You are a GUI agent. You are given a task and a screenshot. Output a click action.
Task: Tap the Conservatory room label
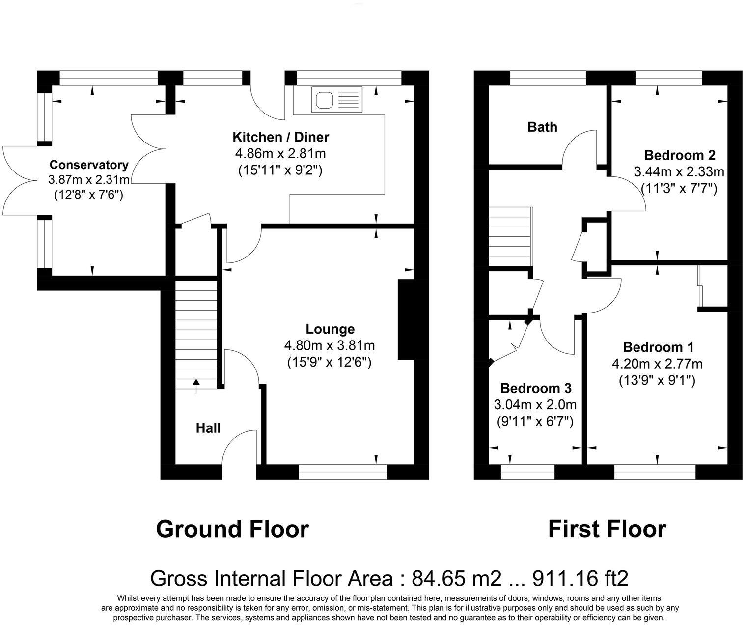pos(88,165)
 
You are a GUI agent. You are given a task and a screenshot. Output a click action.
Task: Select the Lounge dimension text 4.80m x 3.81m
pos(329,345)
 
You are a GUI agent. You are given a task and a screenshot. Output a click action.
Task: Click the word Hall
pos(208,428)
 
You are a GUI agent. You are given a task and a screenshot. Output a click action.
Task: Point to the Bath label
pos(542,127)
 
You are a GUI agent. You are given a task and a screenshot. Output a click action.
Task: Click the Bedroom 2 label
pos(679,155)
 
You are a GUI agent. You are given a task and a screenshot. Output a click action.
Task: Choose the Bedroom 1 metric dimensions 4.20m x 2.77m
pos(657,364)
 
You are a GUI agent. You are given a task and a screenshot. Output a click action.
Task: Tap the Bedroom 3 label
pos(535,389)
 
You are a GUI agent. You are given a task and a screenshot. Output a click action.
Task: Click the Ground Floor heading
pos(232,530)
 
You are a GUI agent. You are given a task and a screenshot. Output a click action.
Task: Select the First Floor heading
pos(607,530)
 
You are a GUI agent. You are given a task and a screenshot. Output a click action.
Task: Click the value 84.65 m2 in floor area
pos(457,579)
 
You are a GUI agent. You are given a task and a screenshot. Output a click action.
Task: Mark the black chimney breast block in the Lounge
pos(406,319)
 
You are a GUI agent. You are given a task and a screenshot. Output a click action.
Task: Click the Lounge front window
pos(342,472)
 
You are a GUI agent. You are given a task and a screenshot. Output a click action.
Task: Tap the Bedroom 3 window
pos(527,472)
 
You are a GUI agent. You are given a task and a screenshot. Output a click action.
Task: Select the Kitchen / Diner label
pos(280,137)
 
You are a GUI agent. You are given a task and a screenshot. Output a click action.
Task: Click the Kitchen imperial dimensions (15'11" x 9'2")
pos(280,170)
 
